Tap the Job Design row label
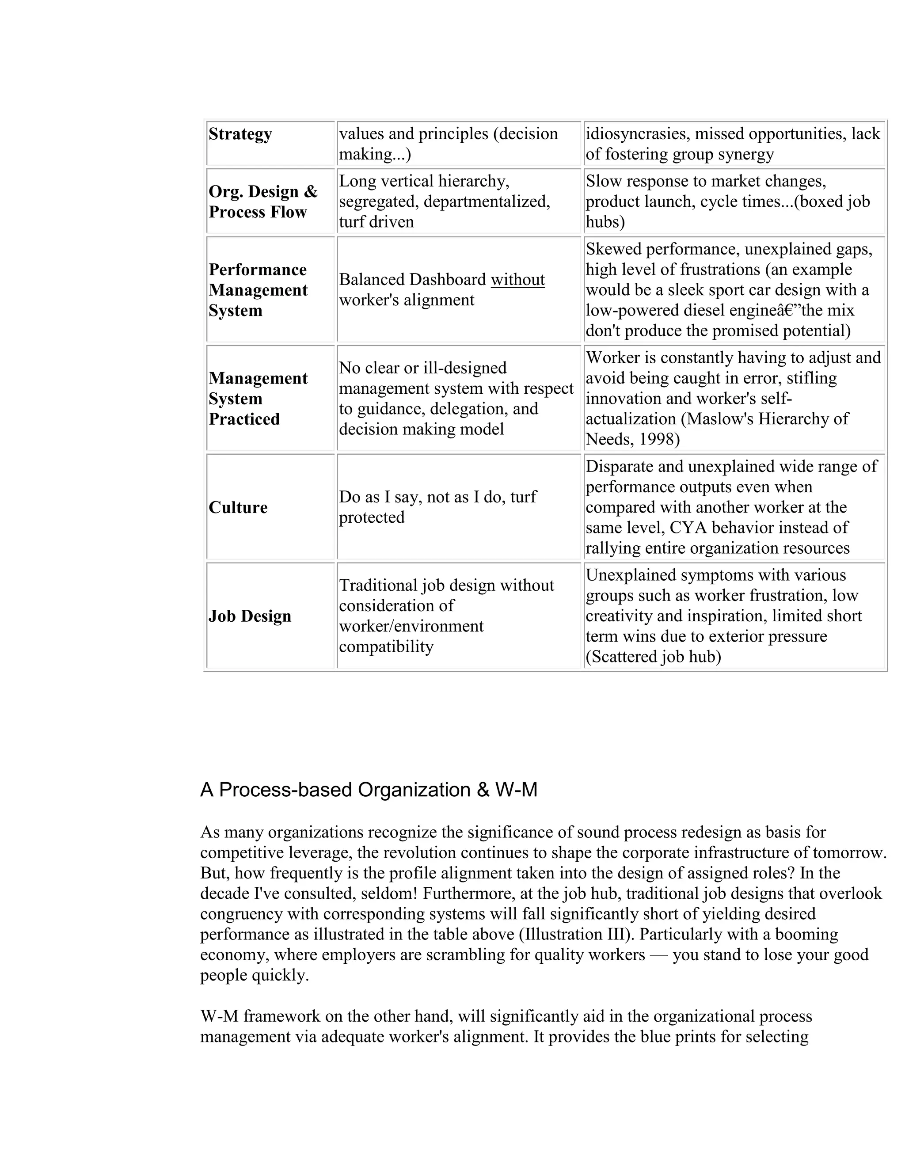point(249,616)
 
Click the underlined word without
point(517,280)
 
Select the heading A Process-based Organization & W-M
point(369,790)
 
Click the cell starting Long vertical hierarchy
point(444,202)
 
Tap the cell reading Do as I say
point(437,507)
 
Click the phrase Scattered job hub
point(653,657)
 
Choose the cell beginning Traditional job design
point(446,616)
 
